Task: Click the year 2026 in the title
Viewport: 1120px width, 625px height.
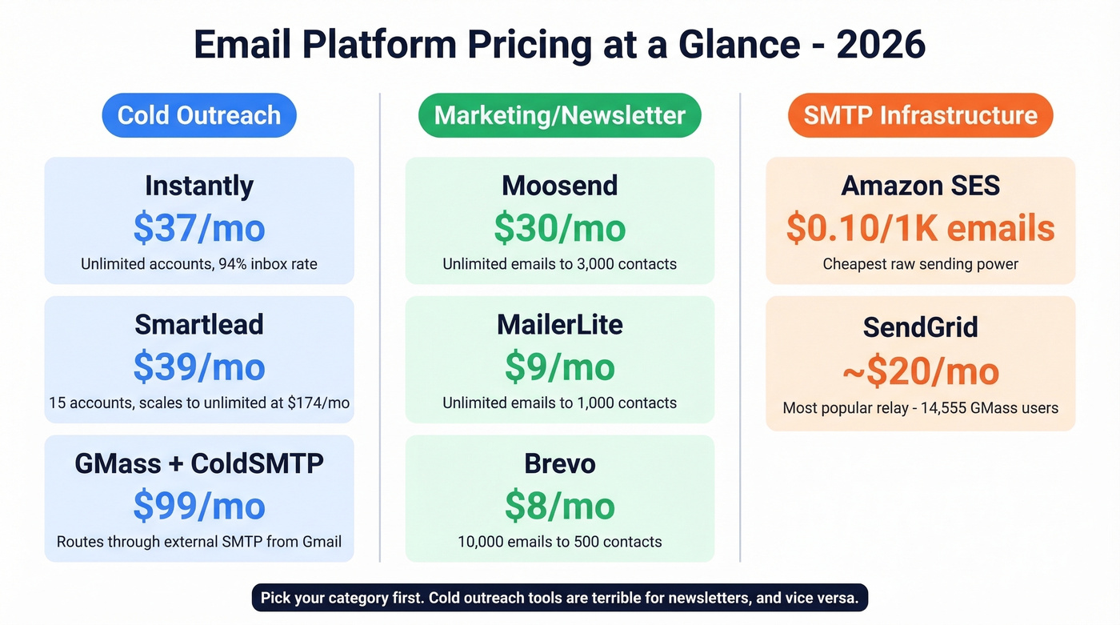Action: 881,45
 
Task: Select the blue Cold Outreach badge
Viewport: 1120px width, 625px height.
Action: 199,115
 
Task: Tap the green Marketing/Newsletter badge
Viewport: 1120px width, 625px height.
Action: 559,115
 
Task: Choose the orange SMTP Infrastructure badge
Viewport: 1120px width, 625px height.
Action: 920,115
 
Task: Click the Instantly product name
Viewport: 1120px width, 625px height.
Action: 199,186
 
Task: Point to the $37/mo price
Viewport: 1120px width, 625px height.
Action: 199,228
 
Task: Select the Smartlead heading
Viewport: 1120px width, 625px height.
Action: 199,324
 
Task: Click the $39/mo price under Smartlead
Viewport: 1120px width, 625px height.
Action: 199,367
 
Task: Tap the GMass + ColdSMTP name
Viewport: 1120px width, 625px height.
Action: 199,463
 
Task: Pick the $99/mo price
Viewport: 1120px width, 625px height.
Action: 199,506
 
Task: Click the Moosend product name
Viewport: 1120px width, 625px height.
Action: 559,186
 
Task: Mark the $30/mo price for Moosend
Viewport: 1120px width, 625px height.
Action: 559,228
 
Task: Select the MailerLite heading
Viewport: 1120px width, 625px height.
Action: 559,324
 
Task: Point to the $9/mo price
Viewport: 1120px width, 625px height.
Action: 559,367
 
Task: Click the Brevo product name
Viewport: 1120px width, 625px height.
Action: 559,463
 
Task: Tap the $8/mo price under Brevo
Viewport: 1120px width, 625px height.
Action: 559,506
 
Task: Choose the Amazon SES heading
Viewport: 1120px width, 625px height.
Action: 920,186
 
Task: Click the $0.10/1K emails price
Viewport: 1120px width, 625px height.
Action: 920,228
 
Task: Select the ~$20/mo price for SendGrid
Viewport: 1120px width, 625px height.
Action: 920,371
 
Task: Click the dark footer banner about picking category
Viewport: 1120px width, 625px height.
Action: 559,598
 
